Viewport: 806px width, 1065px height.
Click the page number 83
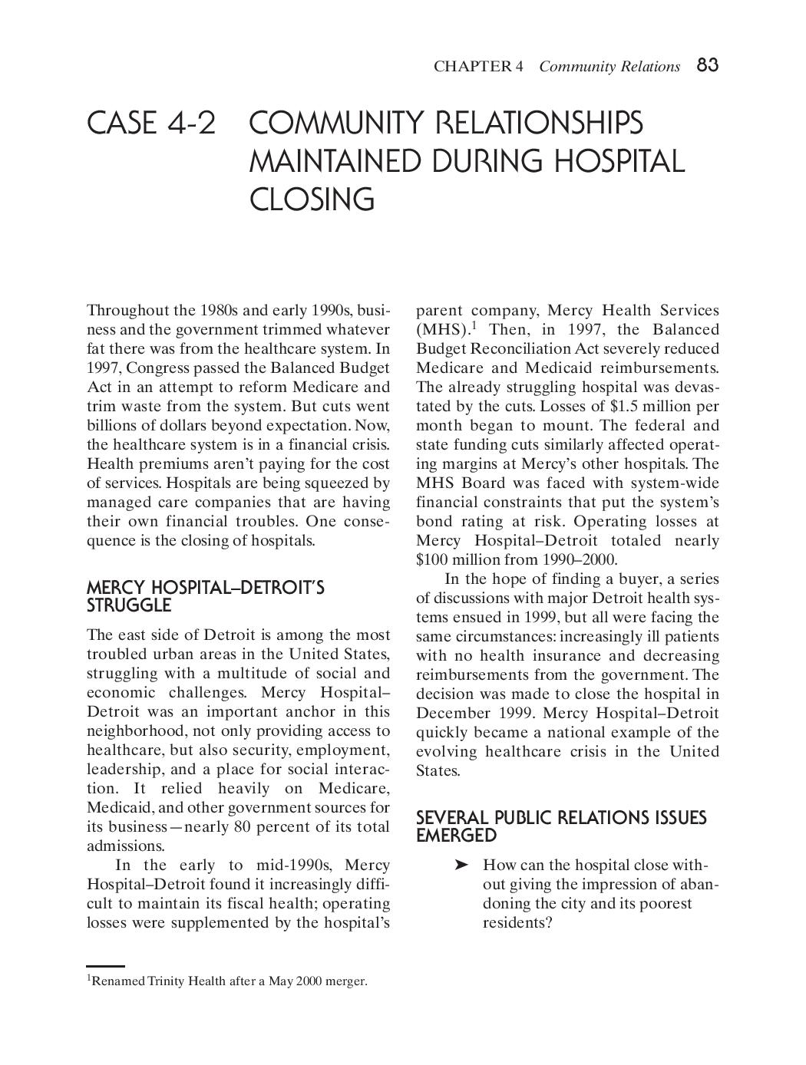[x=707, y=65]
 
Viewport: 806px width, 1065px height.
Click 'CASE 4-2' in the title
[x=151, y=123]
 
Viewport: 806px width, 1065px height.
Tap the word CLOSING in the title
[x=312, y=199]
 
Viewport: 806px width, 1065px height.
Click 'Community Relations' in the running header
[x=609, y=66]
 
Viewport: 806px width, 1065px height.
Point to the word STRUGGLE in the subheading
[x=128, y=606]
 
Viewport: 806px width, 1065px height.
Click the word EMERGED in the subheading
[x=456, y=836]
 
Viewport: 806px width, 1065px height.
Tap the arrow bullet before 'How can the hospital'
[x=461, y=865]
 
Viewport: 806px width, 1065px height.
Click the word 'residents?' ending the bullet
[x=517, y=922]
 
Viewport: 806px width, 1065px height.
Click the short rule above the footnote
[x=105, y=966]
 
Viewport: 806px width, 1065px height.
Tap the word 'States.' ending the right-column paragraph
[x=438, y=770]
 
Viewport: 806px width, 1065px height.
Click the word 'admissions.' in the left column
[x=125, y=846]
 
